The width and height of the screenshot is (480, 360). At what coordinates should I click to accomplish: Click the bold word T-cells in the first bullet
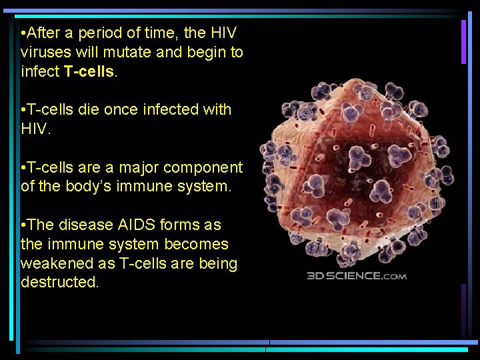pyautogui.click(x=90, y=71)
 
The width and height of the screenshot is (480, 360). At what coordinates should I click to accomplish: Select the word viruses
pyautogui.click(x=45, y=52)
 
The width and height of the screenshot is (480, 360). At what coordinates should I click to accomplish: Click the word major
pyautogui.click(x=141, y=167)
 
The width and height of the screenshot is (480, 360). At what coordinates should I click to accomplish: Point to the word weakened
pyautogui.click(x=51, y=263)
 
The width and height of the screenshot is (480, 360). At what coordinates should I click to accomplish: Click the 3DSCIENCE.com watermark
pyautogui.click(x=357, y=276)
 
